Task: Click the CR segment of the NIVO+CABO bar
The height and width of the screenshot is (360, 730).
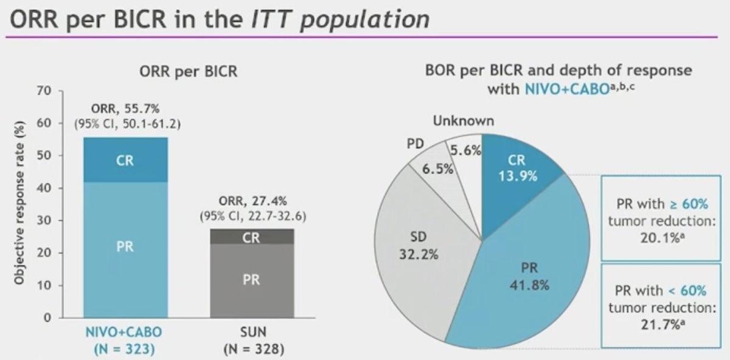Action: (125, 161)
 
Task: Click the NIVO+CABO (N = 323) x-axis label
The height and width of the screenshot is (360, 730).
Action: (125, 341)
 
